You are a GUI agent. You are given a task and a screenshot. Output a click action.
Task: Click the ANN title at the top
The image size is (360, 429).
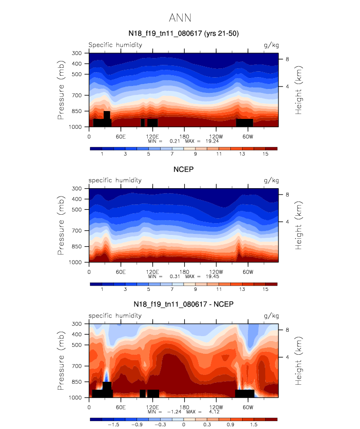click(180, 18)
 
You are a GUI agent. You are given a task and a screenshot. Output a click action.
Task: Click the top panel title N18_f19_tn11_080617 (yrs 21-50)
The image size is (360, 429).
click(183, 33)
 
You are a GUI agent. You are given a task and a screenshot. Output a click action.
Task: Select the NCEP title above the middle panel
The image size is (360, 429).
click(183, 169)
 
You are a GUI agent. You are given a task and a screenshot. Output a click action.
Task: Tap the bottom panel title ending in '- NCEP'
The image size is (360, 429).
click(183, 304)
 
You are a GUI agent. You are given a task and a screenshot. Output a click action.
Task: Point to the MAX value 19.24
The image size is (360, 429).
click(212, 141)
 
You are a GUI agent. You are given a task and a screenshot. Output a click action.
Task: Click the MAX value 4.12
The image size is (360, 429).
click(212, 411)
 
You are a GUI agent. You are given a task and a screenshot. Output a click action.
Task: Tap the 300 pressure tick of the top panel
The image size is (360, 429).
click(77, 53)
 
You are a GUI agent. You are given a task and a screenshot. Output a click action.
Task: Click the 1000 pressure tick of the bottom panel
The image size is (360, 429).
click(75, 398)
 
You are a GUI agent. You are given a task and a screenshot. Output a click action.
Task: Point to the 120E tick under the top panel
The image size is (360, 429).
click(152, 136)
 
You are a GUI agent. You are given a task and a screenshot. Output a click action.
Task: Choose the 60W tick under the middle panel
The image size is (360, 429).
click(247, 271)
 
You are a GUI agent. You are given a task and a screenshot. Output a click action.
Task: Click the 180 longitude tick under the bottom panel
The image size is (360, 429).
click(184, 406)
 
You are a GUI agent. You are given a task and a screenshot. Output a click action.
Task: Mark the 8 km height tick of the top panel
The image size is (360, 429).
click(288, 59)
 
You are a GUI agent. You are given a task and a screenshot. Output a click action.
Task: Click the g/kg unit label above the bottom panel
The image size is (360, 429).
click(272, 315)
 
